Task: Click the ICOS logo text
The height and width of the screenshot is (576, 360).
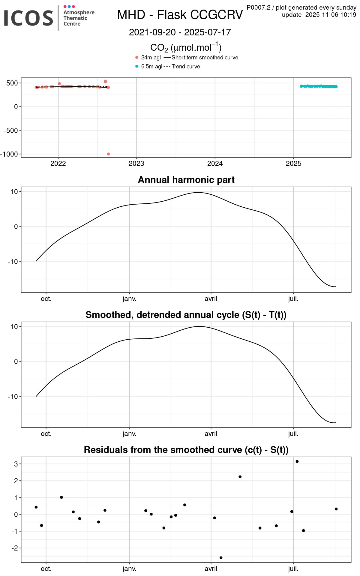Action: coord(28,18)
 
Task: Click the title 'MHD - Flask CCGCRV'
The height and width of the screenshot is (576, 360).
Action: coord(180,15)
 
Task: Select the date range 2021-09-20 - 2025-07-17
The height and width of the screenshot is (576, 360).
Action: coord(180,32)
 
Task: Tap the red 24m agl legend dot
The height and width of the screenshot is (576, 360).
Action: coord(137,58)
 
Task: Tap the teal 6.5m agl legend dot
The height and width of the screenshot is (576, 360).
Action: coord(137,66)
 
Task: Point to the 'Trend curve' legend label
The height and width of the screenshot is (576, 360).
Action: coord(186,67)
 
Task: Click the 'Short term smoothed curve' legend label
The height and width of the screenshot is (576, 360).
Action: coord(205,58)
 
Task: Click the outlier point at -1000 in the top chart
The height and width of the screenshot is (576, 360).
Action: coord(108,154)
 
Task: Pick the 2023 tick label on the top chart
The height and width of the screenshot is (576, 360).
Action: coord(136,163)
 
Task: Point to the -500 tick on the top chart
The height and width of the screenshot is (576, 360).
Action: coord(11,130)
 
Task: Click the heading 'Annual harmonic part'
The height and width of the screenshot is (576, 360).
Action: coord(186,180)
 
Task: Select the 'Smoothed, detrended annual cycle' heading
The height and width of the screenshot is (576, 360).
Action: coord(186,315)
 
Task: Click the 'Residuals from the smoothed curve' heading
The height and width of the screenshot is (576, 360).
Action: coord(186,450)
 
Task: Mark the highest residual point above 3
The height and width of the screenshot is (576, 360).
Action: coord(297,461)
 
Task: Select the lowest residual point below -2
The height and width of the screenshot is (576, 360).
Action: coord(221,558)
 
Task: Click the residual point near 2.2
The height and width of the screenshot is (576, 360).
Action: coord(240,477)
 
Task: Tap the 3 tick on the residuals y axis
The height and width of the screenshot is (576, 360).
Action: coord(16,464)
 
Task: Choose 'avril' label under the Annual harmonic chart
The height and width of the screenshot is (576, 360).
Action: coord(211,299)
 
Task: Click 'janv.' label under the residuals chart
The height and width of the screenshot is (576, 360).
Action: coord(129,569)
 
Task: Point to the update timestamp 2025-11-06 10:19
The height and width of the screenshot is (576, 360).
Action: coord(331,15)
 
